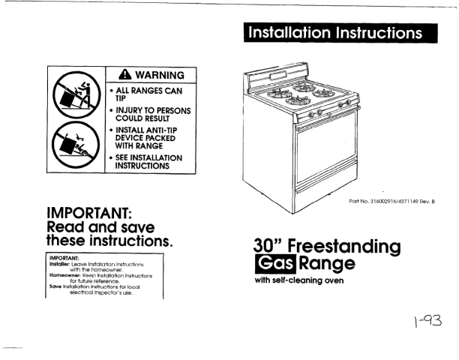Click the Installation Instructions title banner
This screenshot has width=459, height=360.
click(340, 33)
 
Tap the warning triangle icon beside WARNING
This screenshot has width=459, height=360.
click(125, 75)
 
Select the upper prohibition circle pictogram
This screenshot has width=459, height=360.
click(76, 94)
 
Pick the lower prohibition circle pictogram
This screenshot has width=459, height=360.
click(76, 145)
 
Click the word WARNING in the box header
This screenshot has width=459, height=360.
click(160, 75)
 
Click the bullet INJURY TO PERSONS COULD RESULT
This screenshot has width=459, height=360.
click(150, 115)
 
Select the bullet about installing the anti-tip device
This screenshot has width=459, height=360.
click(143, 138)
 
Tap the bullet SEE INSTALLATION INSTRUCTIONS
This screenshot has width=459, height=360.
click(146, 161)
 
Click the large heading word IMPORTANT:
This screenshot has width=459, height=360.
click(89, 213)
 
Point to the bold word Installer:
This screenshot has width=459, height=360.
click(60, 264)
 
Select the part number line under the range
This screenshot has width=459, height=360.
click(392, 201)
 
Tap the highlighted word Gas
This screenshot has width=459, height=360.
click(275, 263)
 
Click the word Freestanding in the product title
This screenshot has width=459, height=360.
click(344, 247)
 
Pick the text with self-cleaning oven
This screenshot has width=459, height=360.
click(299, 280)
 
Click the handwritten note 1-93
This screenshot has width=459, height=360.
click(428, 321)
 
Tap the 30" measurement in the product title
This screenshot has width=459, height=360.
click(268, 245)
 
